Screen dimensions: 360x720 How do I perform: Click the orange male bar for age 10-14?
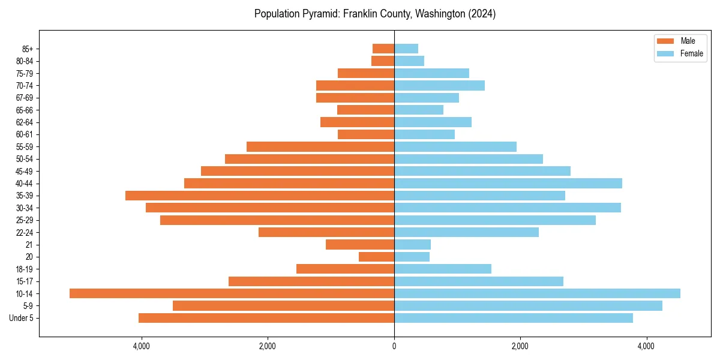[x=232, y=293]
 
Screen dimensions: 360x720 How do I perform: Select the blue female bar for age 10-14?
[x=537, y=293]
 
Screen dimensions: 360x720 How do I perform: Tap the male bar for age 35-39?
[x=260, y=196]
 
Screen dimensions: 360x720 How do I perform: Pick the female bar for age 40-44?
[x=508, y=183]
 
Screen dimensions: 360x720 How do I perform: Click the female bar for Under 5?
[x=514, y=318]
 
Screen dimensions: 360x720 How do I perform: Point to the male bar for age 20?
[x=376, y=257]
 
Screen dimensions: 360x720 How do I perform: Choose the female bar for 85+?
[x=406, y=49]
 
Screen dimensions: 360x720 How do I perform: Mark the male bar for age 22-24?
[x=326, y=232]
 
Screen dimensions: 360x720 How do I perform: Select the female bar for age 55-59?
[x=455, y=146]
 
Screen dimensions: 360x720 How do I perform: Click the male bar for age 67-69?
[x=355, y=98]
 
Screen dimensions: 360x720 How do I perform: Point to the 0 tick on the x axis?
[x=394, y=346]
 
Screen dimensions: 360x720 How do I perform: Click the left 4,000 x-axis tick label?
[x=141, y=346]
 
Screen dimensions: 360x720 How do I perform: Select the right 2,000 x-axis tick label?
[x=520, y=346]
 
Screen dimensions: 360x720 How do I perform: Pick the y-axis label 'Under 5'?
[x=22, y=318]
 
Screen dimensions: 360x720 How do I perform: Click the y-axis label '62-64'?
[x=25, y=122]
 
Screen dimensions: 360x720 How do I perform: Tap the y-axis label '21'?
[x=29, y=245]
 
